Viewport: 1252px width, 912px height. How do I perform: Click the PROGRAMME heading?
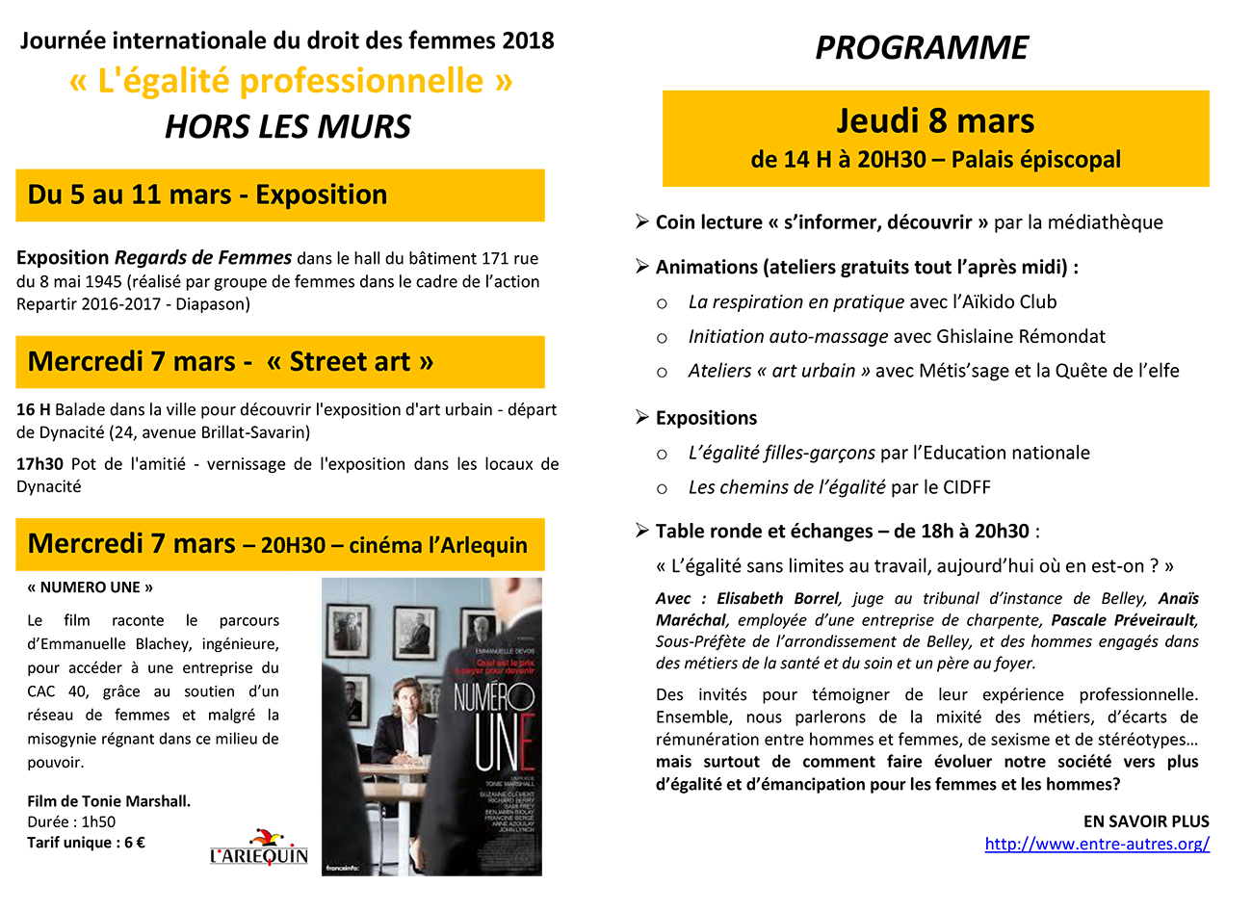click(922, 48)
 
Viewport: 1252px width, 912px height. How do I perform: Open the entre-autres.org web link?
click(1097, 844)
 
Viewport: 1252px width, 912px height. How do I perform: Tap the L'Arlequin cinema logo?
click(259, 847)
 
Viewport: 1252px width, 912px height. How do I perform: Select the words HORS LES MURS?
click(288, 126)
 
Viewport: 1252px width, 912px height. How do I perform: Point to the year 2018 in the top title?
click(528, 40)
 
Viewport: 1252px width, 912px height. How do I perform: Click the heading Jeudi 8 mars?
click(935, 120)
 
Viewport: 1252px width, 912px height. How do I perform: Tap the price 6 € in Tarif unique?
click(134, 843)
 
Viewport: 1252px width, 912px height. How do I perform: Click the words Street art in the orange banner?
click(350, 362)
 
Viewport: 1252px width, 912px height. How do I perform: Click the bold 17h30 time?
click(39, 464)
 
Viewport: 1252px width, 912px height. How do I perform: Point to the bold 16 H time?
click(34, 409)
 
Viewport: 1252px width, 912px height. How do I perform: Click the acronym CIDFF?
click(966, 487)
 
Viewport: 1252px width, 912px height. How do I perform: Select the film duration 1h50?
click(98, 821)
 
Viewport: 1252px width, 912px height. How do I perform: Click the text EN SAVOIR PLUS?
click(1146, 821)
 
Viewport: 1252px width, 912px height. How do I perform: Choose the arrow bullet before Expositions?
click(642, 417)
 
